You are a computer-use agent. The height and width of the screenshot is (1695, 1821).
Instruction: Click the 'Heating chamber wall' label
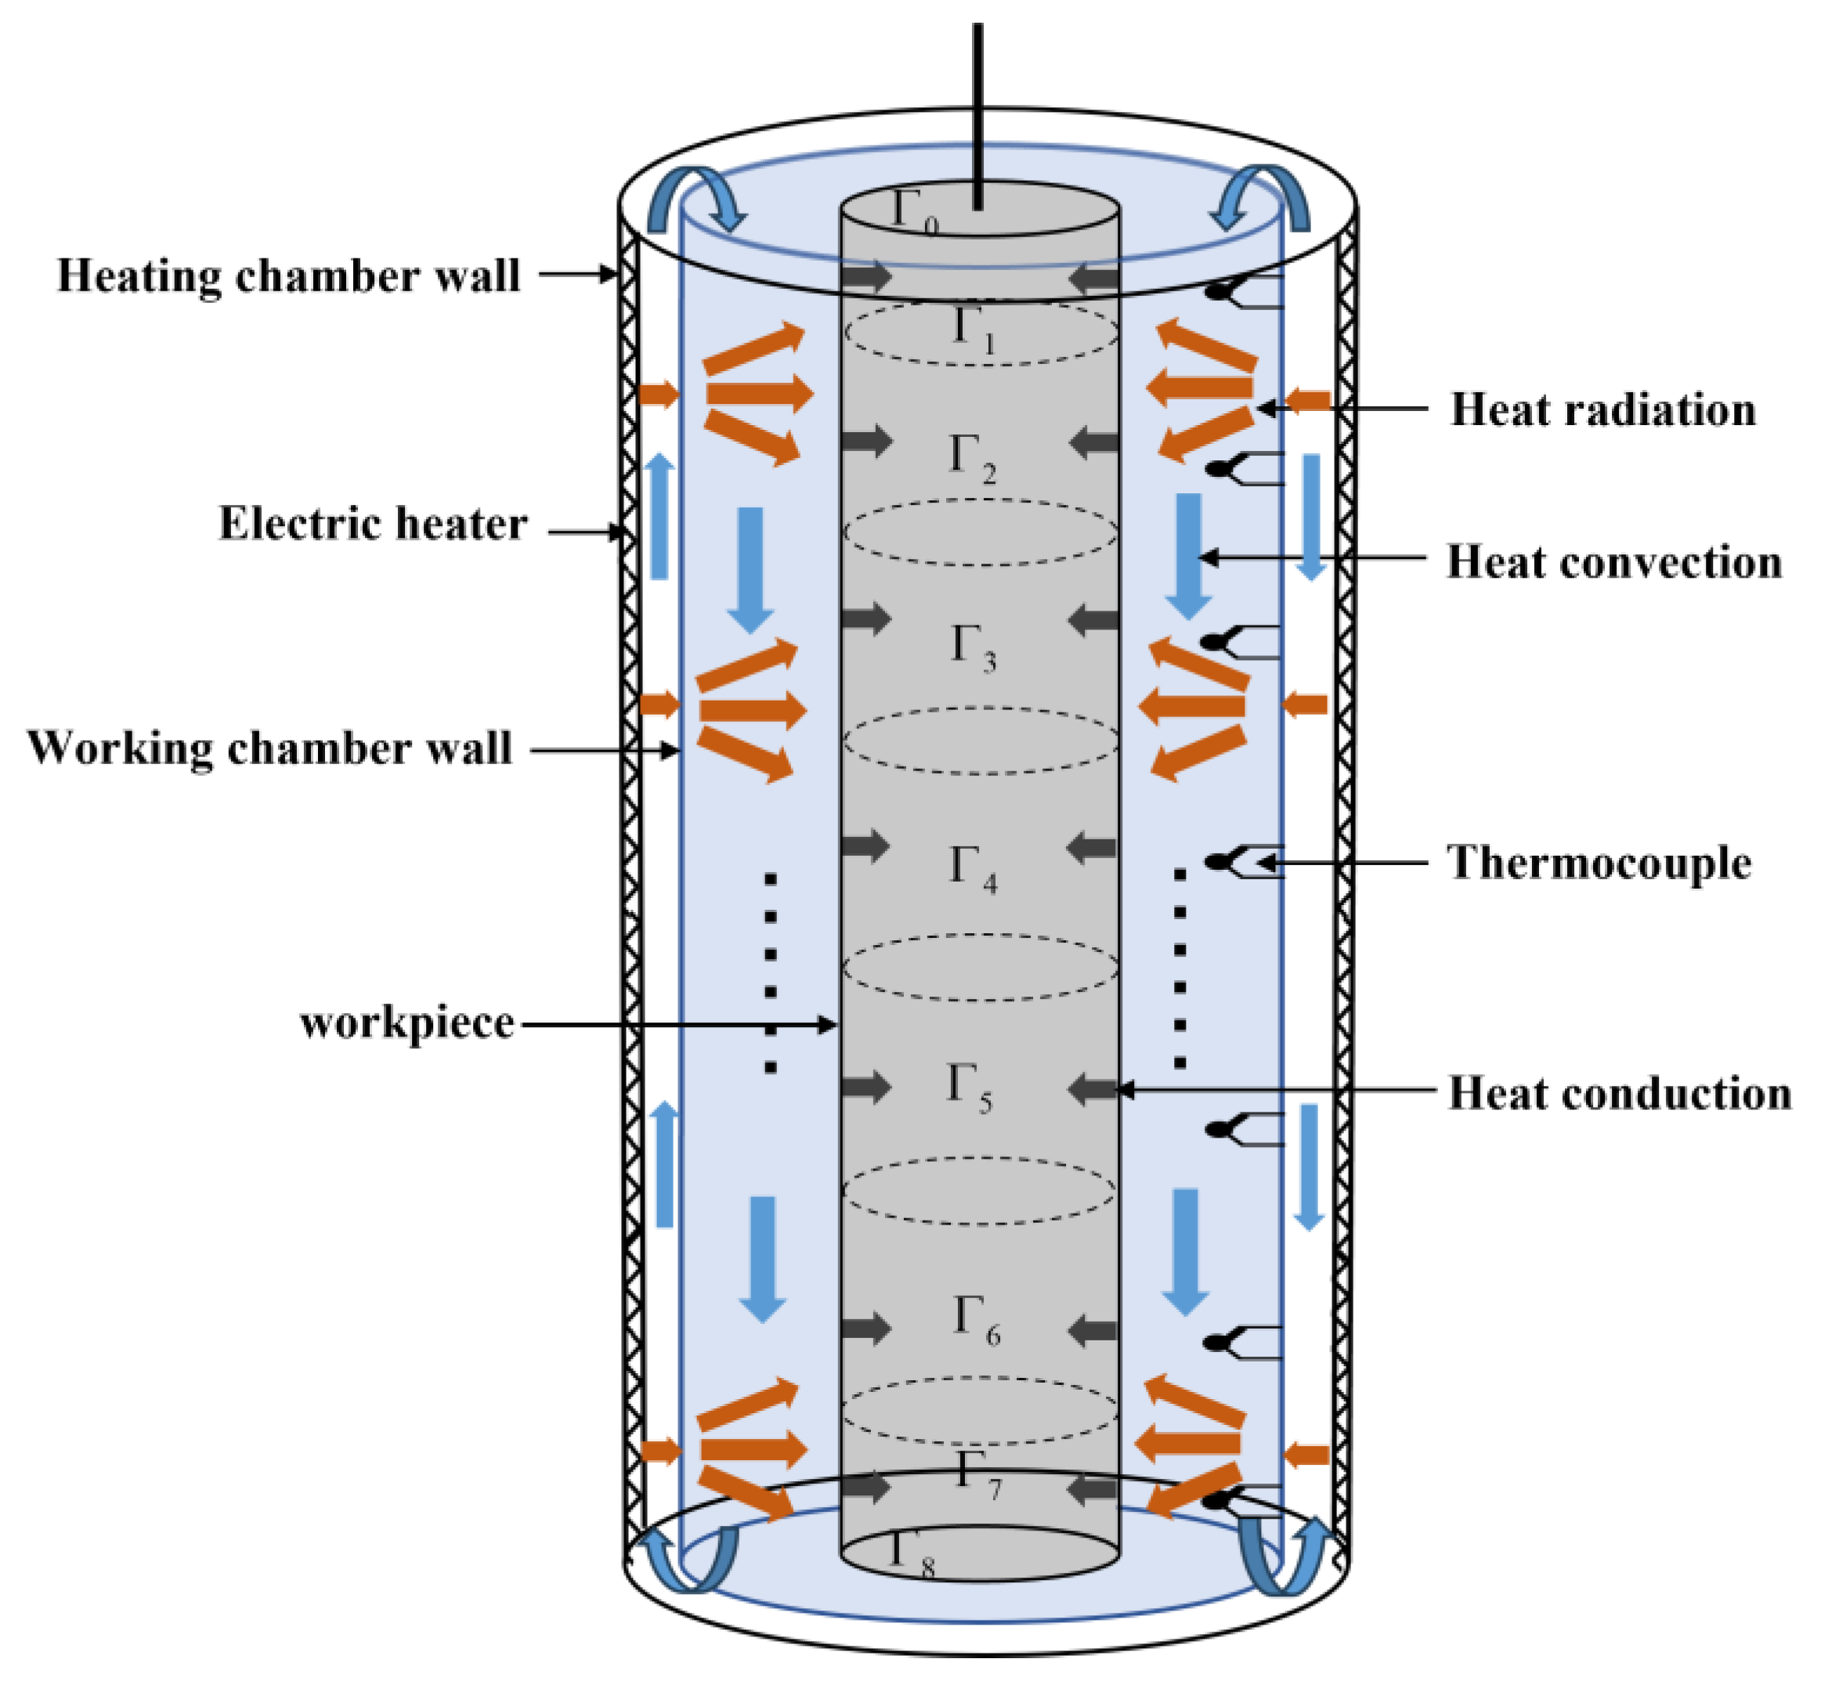click(288, 276)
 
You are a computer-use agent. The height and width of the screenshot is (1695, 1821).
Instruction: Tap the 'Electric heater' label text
click(373, 525)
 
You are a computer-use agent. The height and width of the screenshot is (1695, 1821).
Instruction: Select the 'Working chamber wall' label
click(269, 748)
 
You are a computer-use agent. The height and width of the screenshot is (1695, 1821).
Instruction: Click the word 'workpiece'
click(406, 1022)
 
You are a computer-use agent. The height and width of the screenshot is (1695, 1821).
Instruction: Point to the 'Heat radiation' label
click(1603, 409)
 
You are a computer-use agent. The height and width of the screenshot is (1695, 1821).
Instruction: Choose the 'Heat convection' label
click(1614, 562)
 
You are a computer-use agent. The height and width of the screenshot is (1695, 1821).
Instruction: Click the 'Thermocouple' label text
click(1599, 863)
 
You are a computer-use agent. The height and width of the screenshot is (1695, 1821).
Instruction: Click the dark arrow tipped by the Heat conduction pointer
click(1093, 1089)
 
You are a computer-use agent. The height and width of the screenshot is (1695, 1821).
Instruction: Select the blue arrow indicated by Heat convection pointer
click(1189, 555)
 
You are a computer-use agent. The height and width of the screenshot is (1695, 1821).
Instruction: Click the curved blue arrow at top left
click(696, 197)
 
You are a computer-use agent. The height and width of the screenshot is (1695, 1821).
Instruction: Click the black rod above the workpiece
click(978, 110)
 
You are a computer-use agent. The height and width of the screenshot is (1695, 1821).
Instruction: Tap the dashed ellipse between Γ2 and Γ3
click(980, 532)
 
